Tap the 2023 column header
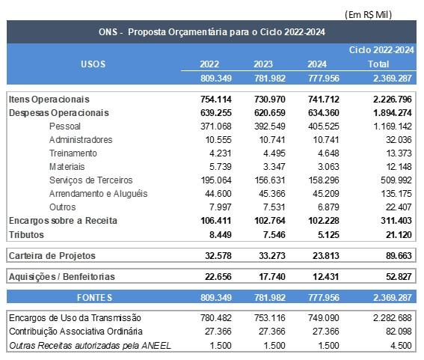pyautogui.click(x=263, y=64)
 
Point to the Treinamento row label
pyautogui.click(x=73, y=153)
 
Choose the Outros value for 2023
pyautogui.click(x=268, y=207)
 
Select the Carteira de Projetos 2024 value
pyautogui.click(x=323, y=255)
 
